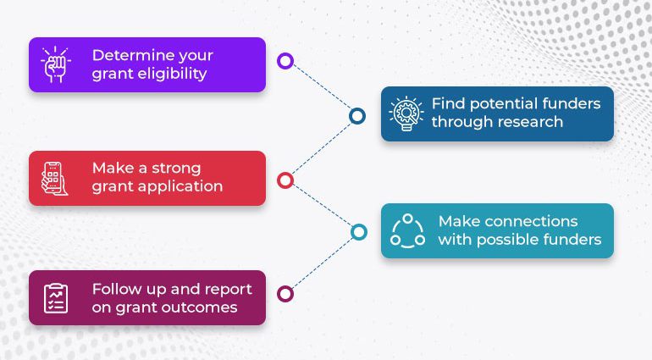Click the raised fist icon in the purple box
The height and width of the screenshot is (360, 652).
(x=56, y=64)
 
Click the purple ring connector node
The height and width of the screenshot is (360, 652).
(x=285, y=61)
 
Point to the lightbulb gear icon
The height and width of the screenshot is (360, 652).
(x=406, y=114)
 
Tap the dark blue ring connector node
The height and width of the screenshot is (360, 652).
(x=357, y=116)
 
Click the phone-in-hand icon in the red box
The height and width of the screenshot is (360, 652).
(x=54, y=178)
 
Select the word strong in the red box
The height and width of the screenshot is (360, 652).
(x=176, y=169)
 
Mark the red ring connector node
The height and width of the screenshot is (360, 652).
(x=285, y=180)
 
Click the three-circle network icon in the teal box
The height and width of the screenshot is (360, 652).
(x=407, y=231)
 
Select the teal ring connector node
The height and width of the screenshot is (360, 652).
(x=358, y=232)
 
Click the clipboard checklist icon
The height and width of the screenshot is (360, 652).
(x=56, y=298)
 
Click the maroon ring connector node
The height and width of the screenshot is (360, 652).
(x=285, y=294)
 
